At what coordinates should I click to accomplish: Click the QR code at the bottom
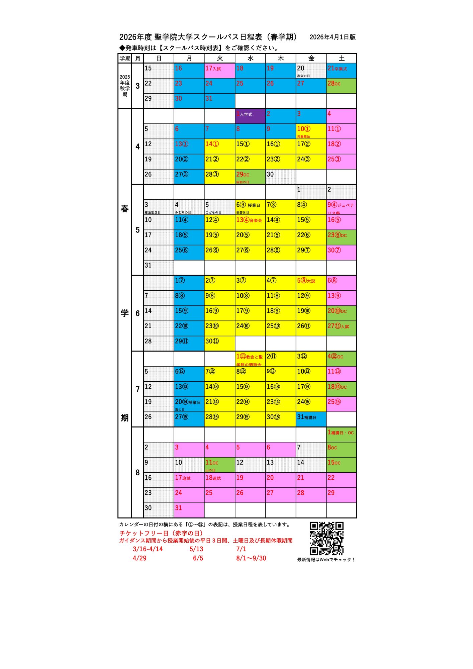[x=326, y=539]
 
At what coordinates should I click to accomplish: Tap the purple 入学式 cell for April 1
[x=250, y=116]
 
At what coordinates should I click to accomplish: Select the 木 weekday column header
[x=281, y=59]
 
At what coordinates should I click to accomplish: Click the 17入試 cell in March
[x=219, y=71]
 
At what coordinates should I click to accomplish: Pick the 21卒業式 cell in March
[x=341, y=71]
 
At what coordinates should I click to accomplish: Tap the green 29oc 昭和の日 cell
[x=250, y=177]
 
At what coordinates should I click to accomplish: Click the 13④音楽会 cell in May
[x=250, y=222]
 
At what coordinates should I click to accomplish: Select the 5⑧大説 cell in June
[x=311, y=283]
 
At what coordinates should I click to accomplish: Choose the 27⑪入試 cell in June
[x=341, y=328]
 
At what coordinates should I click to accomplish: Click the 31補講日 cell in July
[x=311, y=419]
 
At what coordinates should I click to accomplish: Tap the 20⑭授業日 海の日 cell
[x=189, y=404]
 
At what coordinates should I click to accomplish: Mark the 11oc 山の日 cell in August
[x=219, y=465]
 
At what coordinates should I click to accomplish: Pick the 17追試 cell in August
[x=189, y=480]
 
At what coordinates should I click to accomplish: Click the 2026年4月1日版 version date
[x=333, y=37]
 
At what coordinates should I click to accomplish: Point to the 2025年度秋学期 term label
[x=125, y=86]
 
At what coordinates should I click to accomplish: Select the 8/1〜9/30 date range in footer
[x=251, y=558]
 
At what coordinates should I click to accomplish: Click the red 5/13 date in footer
[x=196, y=549]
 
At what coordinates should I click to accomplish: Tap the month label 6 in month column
[x=137, y=313]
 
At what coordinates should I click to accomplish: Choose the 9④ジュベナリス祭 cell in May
[x=341, y=207]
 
